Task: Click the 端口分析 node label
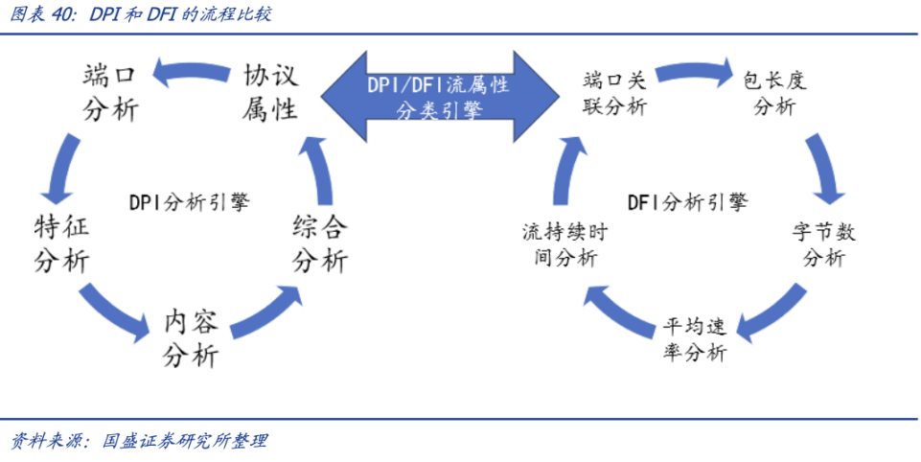[x=110, y=93]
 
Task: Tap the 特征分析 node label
[x=62, y=244]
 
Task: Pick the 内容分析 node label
[x=192, y=338]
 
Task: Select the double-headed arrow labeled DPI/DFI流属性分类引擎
[x=438, y=97]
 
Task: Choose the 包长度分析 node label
[x=774, y=93]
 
